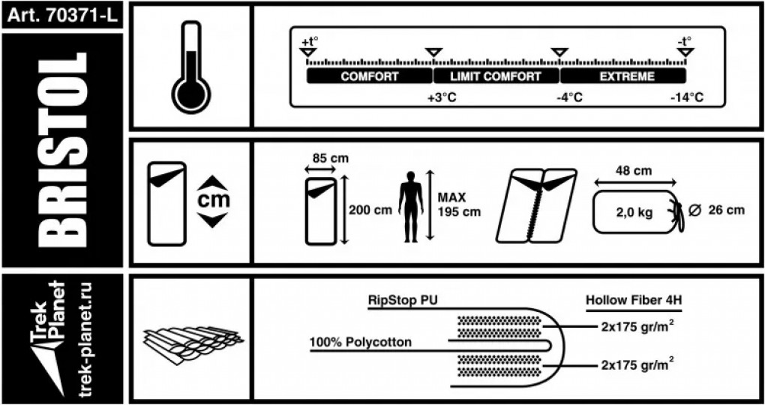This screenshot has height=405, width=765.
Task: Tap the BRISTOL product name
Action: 61,150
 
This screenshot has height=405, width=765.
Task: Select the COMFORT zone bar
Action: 370,76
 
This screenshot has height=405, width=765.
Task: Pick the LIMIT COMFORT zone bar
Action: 495,76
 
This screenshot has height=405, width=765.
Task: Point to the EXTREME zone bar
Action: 622,76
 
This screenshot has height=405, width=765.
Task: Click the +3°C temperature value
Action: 441,98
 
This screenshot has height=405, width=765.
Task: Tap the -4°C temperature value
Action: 568,98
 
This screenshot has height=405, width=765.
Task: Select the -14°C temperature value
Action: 686,98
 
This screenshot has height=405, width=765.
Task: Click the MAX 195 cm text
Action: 459,204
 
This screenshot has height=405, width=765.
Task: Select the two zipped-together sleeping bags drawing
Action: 538,205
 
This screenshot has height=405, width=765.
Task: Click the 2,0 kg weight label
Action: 634,212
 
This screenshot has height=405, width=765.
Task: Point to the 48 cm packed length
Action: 634,170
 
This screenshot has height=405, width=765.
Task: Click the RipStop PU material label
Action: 403,300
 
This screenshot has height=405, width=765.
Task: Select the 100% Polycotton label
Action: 360,342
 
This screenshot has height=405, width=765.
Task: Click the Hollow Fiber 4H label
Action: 634,300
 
